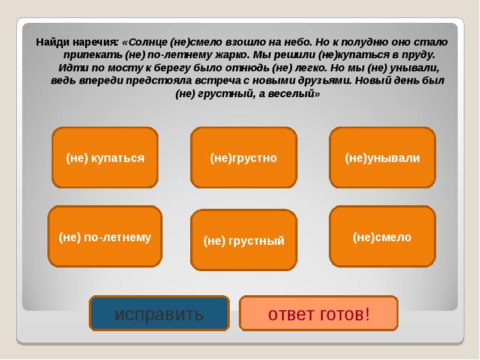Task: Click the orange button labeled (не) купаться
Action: (x=105, y=158)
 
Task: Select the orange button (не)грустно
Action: (x=244, y=158)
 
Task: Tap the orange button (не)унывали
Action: (x=382, y=158)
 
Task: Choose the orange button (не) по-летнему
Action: (x=105, y=237)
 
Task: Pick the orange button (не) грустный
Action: (x=244, y=241)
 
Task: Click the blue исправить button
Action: (x=160, y=314)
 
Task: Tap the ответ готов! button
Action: (x=319, y=314)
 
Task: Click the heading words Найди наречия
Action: (x=77, y=42)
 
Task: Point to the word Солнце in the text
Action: (x=147, y=42)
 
